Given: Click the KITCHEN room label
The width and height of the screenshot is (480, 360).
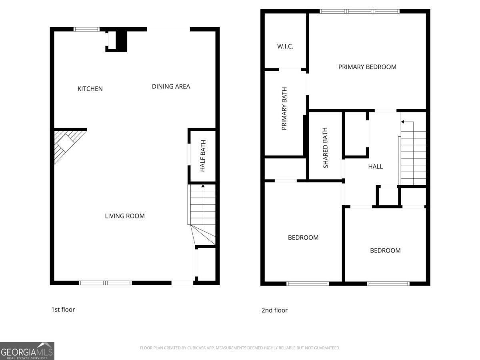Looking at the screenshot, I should tap(90, 89).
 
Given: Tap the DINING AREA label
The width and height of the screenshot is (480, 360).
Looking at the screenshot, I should tap(171, 86).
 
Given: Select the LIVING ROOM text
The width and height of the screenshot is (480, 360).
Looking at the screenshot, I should tap(125, 216).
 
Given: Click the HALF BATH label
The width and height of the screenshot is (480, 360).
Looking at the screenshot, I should tap(203, 156).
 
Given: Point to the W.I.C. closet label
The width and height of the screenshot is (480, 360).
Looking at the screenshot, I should tap(285, 46).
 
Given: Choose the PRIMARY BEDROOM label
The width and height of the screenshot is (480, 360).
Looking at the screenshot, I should tap(367, 67).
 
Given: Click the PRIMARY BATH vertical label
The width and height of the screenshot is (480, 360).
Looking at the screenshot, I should tap(284, 112).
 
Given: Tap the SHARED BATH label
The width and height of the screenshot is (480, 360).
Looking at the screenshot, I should tap(325, 148).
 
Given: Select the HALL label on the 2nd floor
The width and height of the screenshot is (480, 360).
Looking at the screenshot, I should tap(375, 166).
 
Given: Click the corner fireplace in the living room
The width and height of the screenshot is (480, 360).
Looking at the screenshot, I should tap(66, 144).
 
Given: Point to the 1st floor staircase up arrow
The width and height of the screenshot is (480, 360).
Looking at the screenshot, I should tap(203, 186).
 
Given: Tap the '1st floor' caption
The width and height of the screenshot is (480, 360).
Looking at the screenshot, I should tap(63, 310).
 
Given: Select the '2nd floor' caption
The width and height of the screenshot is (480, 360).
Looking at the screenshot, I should tap(274, 310).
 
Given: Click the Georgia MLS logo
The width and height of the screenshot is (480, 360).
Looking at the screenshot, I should tap(27, 351).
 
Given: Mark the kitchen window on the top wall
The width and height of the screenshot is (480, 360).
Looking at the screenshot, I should tap(87, 29).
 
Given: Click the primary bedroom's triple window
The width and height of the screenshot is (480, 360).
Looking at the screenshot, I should tap(360, 11).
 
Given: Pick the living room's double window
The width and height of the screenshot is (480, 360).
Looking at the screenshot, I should tap(106, 283).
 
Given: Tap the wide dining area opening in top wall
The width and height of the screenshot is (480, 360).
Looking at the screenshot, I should tap(168, 29).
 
